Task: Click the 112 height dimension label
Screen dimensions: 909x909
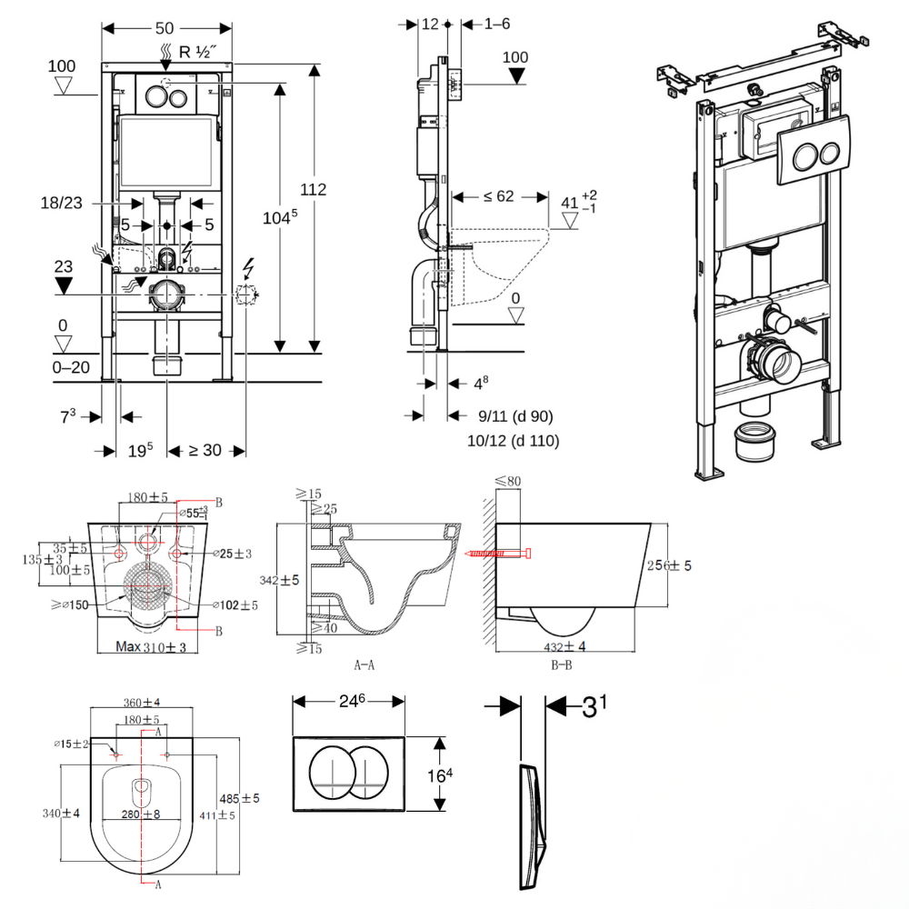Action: pos(314,190)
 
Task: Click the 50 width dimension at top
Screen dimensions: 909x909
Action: pos(165,28)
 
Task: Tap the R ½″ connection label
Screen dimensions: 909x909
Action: pos(197,52)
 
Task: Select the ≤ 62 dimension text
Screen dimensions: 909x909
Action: pos(499,195)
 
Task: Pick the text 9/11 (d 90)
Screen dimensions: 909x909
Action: pos(515,417)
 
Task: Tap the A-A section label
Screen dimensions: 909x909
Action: pos(364,664)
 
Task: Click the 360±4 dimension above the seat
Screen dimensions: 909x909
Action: pos(142,703)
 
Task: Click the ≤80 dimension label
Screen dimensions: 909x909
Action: pos(508,481)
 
